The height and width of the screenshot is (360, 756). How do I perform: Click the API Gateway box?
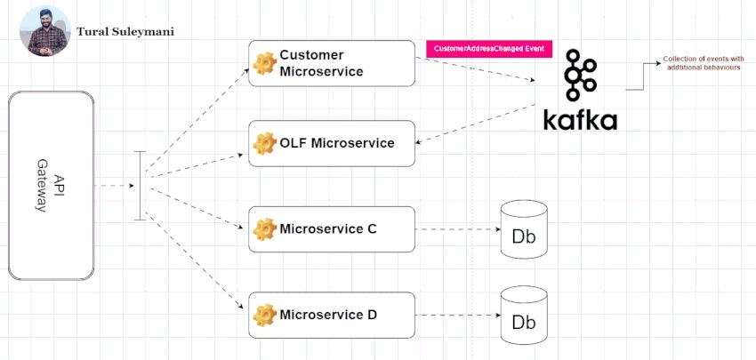click(x=51, y=186)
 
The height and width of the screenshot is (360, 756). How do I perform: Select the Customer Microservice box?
click(x=332, y=63)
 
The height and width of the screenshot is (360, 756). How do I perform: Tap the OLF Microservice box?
click(x=332, y=144)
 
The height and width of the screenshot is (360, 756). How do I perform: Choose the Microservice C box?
click(x=332, y=229)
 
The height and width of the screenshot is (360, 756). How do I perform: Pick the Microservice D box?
click(x=332, y=316)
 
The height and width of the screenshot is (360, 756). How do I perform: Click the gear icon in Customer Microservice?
click(x=265, y=63)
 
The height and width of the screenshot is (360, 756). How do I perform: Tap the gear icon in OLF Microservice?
click(x=265, y=143)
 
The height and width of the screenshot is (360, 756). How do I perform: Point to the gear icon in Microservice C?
click(x=265, y=229)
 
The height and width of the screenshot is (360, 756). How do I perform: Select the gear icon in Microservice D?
click(x=265, y=316)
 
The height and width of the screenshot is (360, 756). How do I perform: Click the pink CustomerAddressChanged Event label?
click(x=489, y=49)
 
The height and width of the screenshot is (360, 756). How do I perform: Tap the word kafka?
click(x=580, y=119)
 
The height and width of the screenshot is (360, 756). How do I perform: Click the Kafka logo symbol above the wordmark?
click(x=581, y=76)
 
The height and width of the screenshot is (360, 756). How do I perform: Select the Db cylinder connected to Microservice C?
click(x=524, y=229)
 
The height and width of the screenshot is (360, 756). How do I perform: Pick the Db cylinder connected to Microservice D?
click(x=524, y=316)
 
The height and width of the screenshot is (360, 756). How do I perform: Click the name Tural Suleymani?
click(x=125, y=32)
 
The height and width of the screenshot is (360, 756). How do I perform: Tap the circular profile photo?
click(x=45, y=31)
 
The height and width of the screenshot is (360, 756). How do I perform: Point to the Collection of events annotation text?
click(x=704, y=63)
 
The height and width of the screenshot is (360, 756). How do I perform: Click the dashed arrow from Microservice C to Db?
click(x=458, y=229)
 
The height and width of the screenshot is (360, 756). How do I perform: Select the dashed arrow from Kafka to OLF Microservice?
click(x=476, y=124)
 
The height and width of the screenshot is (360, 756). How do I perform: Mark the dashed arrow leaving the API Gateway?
click(x=114, y=186)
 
